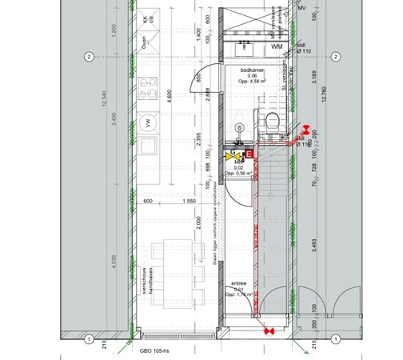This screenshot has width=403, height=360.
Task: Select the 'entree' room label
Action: point(239,284)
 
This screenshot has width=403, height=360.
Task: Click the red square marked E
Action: point(248,153)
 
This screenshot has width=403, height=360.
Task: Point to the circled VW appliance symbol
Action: point(146,123)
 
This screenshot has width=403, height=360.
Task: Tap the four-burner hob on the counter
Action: point(147,88)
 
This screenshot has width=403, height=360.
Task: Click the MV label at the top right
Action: point(301,7)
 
